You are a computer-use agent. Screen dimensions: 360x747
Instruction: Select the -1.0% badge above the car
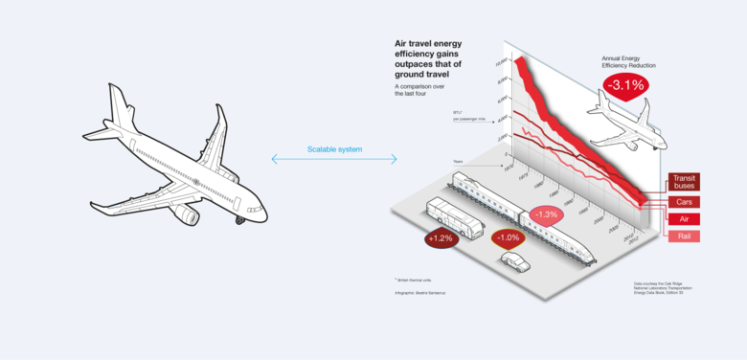click(x=506, y=237)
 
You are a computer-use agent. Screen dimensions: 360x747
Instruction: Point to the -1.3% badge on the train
click(x=546, y=214)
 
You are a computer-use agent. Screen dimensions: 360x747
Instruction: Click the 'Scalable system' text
click(x=334, y=149)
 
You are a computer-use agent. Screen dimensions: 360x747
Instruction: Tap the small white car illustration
click(x=514, y=260)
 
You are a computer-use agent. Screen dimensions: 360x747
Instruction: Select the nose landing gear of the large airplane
click(x=239, y=220)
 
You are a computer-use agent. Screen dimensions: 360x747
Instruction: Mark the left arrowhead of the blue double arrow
click(x=275, y=159)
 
